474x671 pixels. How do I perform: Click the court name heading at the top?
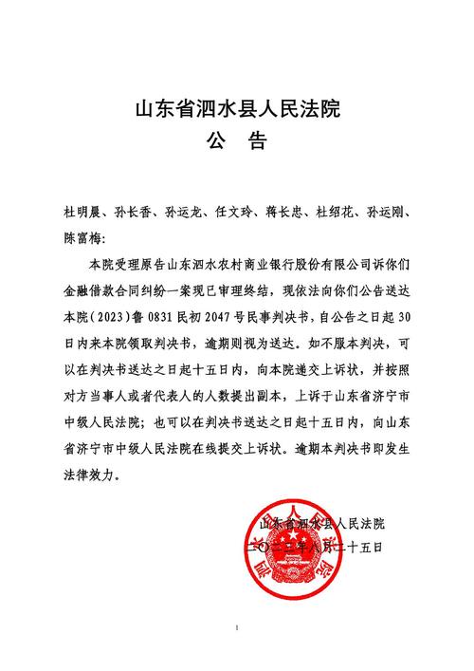tap(237, 108)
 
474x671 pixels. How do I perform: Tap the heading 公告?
tap(237, 143)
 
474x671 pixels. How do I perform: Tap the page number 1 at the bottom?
tap(237, 628)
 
